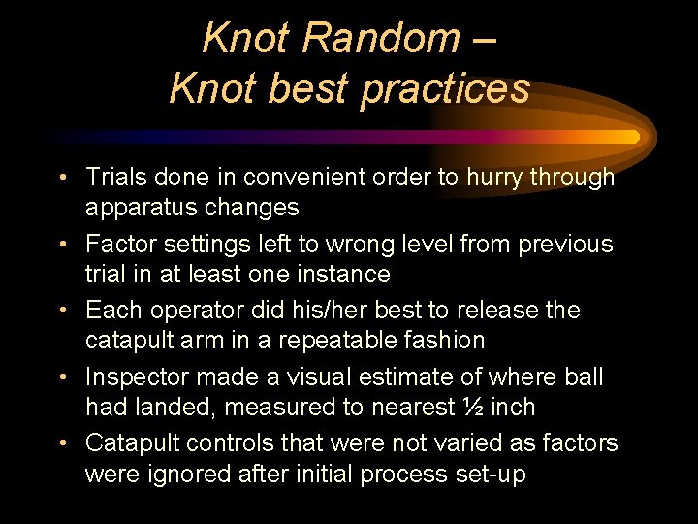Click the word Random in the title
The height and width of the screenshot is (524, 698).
[x=380, y=39]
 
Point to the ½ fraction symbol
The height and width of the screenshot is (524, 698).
[x=471, y=407]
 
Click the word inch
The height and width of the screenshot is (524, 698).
[x=513, y=407]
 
